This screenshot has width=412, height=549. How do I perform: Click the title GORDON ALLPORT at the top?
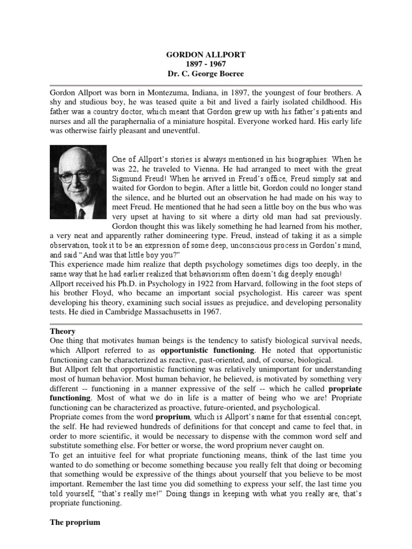tap(205, 55)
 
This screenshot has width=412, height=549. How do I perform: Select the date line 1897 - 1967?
tap(205, 64)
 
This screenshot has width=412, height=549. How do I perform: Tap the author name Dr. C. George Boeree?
tap(205, 74)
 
